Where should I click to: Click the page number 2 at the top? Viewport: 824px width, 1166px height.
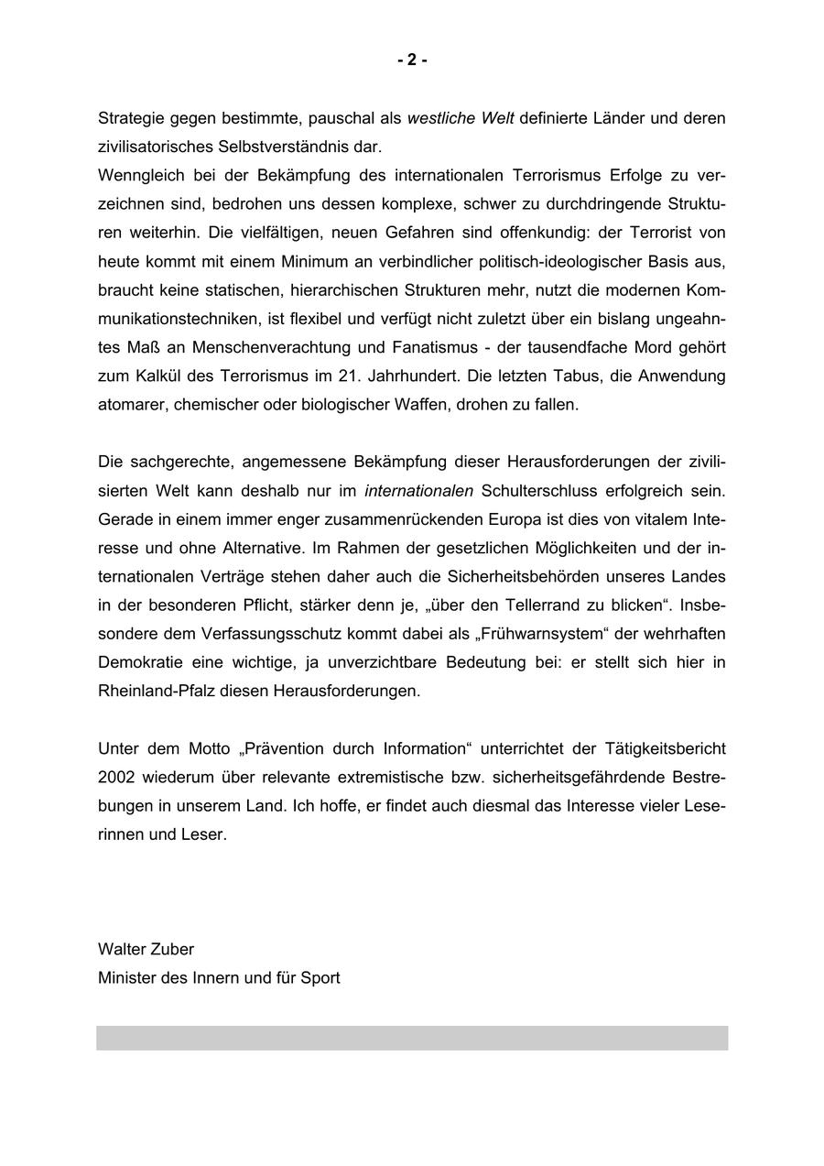click(x=412, y=60)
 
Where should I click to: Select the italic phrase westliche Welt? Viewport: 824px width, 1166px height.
click(x=461, y=118)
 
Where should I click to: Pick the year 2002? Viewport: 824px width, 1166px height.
click(x=117, y=777)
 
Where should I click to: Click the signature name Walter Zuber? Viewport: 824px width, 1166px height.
click(x=146, y=949)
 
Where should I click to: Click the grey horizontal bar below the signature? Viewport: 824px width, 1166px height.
click(x=412, y=1038)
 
